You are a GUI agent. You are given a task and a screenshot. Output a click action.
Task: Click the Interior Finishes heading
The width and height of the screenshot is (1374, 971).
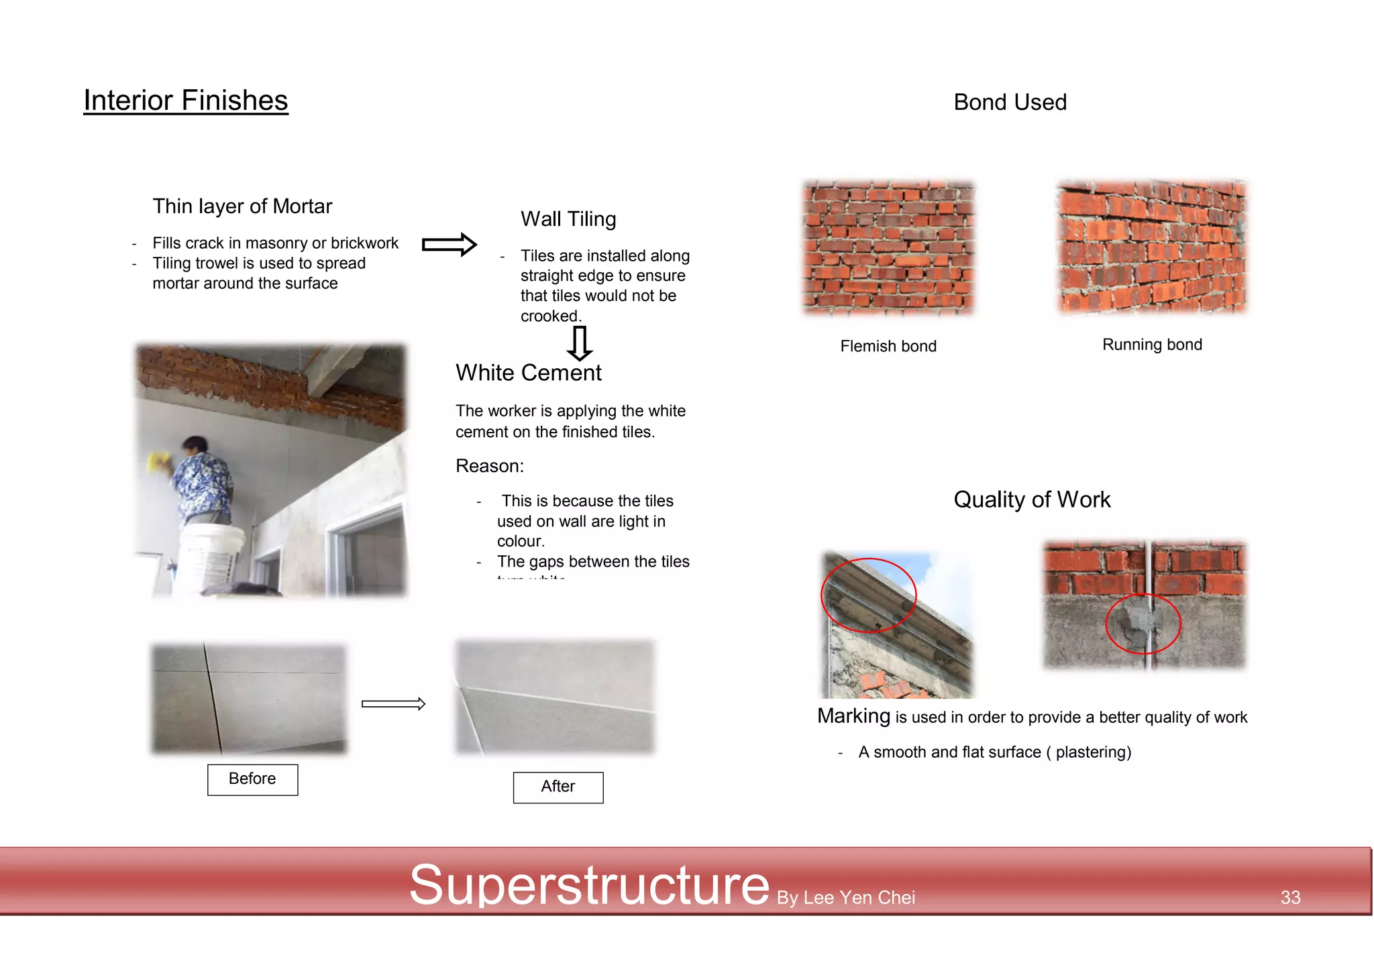186,101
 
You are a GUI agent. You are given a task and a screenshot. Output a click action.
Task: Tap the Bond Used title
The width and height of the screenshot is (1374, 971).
1010,103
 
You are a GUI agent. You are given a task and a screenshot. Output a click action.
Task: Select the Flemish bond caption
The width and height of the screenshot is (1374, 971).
888,346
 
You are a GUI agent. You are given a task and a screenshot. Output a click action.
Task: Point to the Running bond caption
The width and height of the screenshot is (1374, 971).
1152,345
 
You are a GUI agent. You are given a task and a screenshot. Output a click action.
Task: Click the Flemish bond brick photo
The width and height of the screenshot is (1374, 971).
888,247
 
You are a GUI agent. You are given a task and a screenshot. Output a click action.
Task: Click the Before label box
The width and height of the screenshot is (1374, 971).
252,779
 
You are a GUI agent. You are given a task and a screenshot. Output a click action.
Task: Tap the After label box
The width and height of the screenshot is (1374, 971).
558,787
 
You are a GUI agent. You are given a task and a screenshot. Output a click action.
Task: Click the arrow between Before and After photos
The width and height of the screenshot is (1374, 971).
393,703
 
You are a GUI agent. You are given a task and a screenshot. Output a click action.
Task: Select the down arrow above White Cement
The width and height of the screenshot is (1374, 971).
579,343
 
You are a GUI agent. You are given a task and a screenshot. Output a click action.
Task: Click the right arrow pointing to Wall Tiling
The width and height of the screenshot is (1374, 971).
449,244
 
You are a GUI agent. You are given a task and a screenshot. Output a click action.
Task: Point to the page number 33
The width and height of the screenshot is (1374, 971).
1290,897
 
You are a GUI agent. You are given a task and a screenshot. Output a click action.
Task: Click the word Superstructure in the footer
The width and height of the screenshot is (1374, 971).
589,885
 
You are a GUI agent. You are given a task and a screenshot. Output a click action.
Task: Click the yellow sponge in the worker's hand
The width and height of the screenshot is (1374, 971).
159,461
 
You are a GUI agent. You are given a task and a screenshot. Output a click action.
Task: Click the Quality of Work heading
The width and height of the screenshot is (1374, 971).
1032,500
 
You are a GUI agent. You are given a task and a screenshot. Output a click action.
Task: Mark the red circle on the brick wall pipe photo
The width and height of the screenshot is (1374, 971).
1143,624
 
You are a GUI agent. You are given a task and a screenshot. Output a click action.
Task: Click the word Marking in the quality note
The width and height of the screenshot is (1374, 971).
853,716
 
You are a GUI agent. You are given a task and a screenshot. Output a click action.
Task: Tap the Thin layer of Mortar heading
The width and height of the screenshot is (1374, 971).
242,207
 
